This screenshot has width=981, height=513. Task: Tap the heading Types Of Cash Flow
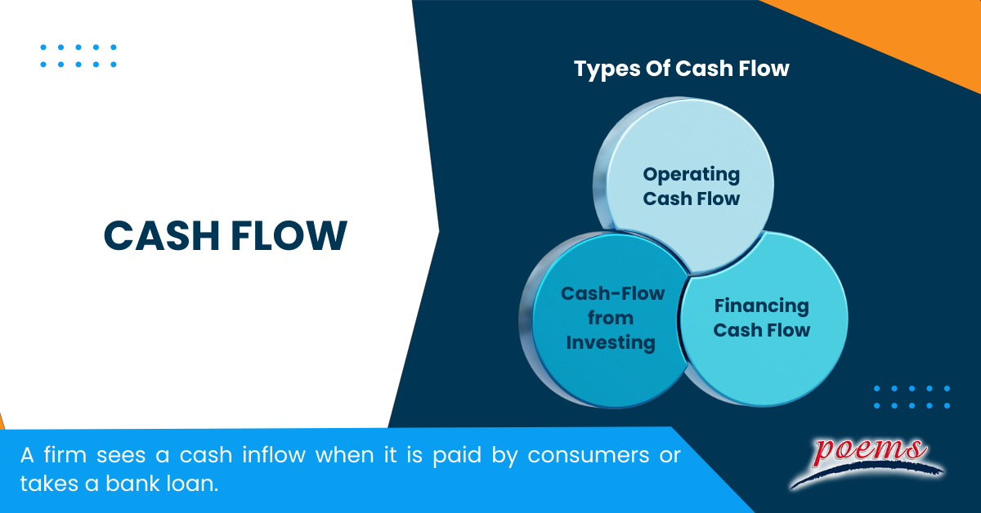681,69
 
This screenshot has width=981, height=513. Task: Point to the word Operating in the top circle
691,174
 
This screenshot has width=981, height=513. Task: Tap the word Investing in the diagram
611,342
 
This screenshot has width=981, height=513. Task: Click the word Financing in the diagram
761,306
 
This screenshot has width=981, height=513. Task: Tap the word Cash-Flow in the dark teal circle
612,293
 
